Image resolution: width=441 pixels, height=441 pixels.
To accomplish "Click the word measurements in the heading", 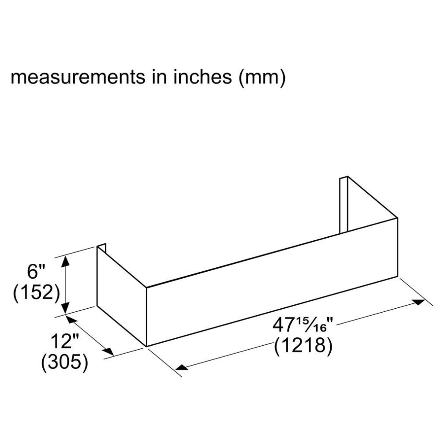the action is click(x=78, y=77).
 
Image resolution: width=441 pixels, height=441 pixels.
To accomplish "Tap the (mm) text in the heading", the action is click(x=262, y=77).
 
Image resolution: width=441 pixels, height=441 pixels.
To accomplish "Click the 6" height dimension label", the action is click(x=36, y=272).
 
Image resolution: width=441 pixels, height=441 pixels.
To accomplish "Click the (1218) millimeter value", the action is click(x=303, y=345).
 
